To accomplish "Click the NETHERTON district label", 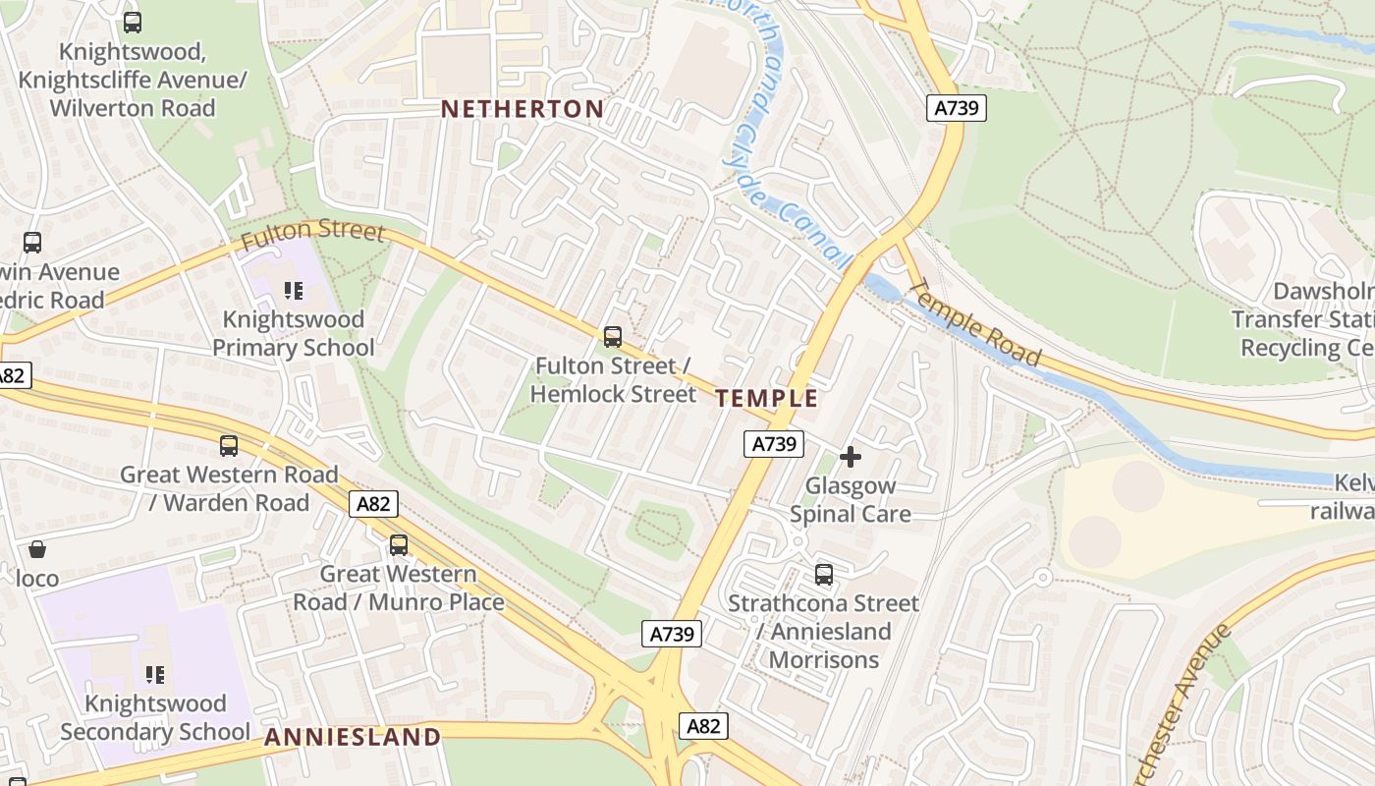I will click(522, 108).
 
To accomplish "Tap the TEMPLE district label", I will click(767, 398).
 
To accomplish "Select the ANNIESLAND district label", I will click(353, 737).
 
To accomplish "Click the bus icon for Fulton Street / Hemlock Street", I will click(613, 337).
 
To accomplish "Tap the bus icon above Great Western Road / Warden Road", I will click(229, 446).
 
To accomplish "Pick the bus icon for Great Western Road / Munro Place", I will click(399, 545).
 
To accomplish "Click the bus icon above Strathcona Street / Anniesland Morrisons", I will click(824, 575).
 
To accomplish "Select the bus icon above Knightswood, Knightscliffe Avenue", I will click(133, 22).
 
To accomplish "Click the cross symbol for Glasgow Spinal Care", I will click(851, 457).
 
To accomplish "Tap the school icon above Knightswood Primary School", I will click(293, 291).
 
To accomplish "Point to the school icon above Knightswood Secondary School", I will click(154, 675).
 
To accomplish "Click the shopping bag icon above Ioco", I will click(37, 549).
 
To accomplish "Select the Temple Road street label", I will click(975, 323).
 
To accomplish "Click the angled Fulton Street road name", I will click(312, 233).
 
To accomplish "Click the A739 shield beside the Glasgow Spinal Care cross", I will click(773, 444).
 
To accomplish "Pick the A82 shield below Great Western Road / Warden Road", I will click(373, 505).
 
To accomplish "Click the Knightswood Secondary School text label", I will click(154, 718).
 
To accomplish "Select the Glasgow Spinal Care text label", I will click(851, 500).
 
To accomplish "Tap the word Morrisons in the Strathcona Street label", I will click(824, 659).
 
